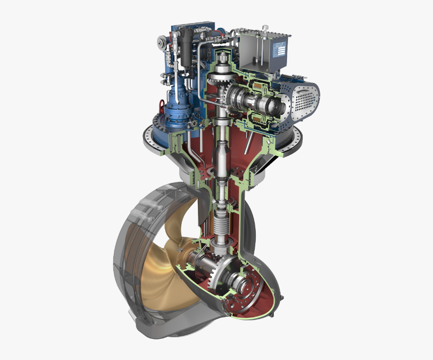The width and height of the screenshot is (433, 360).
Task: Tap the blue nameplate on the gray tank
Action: [278, 48]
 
